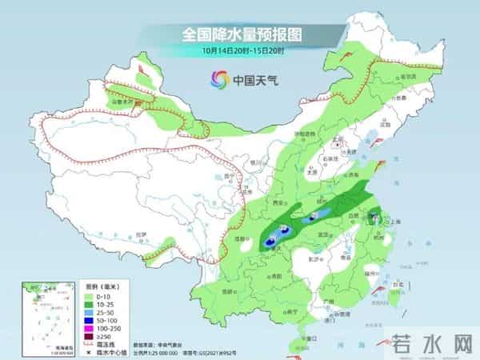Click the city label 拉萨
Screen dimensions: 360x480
click(x=141, y=234)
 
